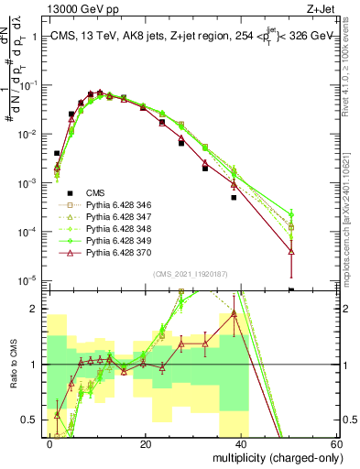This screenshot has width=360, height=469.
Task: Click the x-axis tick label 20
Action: click(x=146, y=443)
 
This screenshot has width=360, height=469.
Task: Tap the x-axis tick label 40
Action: click(x=241, y=443)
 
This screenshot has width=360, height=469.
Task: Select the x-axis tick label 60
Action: click(x=335, y=443)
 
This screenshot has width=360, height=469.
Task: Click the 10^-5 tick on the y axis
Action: click(x=29, y=280)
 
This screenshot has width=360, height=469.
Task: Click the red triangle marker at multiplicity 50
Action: click(x=290, y=250)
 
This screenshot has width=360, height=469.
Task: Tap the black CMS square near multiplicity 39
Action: click(x=235, y=197)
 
